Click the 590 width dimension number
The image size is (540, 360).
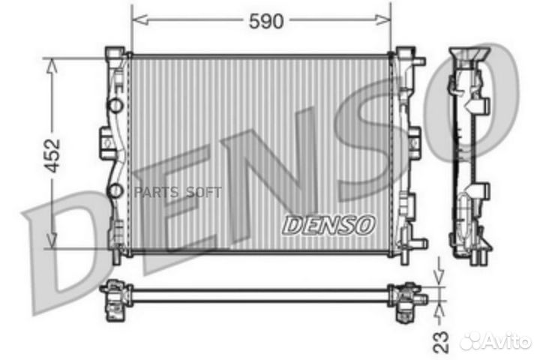pos(266,22)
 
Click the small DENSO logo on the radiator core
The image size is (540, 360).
pos(328,223)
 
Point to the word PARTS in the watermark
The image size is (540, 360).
pos(154,192)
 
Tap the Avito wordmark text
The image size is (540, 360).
pos(505,341)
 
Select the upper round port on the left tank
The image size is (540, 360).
pos(115,105)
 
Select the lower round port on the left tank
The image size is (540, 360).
pos(115,192)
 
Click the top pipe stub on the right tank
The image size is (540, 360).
pos(417,60)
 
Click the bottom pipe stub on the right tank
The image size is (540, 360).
pos(417,244)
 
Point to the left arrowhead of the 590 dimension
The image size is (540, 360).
pos(136,22)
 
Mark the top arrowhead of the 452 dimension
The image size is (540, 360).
pos(52,64)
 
